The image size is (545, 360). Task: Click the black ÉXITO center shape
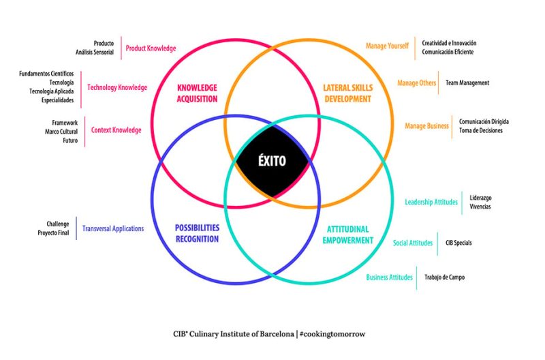tap(272, 162)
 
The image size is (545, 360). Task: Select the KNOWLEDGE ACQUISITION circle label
tap(197, 93)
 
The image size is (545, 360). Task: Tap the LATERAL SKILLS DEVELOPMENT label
tap(347, 93)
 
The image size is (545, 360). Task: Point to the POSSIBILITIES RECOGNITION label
tap(197, 233)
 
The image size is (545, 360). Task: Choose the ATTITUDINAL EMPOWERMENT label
tap(348, 235)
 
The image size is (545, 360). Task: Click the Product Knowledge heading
tap(151, 48)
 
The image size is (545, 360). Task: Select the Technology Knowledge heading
tap(117, 87)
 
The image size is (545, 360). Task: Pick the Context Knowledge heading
tap(116, 130)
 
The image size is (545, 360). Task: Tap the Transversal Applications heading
tap(113, 229)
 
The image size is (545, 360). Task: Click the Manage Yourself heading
tap(387, 46)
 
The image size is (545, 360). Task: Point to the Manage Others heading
tap(417, 83)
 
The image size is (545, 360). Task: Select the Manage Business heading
tap(426, 126)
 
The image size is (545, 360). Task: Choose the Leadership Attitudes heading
tap(431, 202)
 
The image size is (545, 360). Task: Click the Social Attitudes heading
tap(413, 243)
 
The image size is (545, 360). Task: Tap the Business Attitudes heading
tap(390, 277)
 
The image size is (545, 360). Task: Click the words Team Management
tap(467, 83)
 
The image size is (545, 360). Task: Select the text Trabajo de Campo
tap(446, 277)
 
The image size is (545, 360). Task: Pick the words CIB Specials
tap(458, 243)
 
